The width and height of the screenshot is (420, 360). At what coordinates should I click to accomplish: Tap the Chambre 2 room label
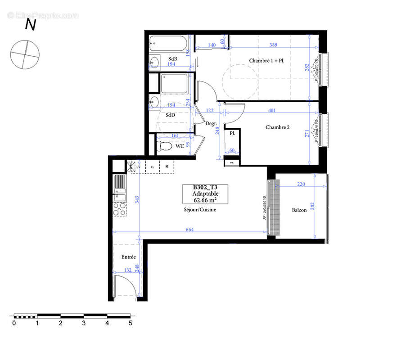pyautogui.click(x=277, y=127)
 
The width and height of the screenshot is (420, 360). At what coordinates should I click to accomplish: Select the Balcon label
pyautogui.click(x=299, y=210)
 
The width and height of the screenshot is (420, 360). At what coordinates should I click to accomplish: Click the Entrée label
pyautogui.click(x=129, y=257)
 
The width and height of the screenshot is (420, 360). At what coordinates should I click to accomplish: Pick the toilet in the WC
pyautogui.click(x=165, y=146)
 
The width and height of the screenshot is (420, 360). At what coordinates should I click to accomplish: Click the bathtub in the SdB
pyautogui.click(x=167, y=44)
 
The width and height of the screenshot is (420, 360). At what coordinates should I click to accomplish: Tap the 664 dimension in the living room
pyautogui.click(x=190, y=229)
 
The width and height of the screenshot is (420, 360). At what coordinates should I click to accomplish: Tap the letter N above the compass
pyautogui.click(x=30, y=25)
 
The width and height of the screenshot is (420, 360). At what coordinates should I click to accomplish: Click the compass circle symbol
pyautogui.click(x=25, y=54)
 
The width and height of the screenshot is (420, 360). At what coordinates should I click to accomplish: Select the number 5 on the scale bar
pyautogui.click(x=130, y=323)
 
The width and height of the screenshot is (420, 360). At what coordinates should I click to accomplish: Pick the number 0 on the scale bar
pyautogui.click(x=14, y=323)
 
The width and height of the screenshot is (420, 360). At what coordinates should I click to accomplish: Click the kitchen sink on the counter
pyautogui.click(x=119, y=196)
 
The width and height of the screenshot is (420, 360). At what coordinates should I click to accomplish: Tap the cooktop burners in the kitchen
pyautogui.click(x=120, y=209)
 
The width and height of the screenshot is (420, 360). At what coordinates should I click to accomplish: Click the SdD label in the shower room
pyautogui.click(x=170, y=115)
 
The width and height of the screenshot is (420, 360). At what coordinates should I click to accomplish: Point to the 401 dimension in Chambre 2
pyautogui.click(x=273, y=110)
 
